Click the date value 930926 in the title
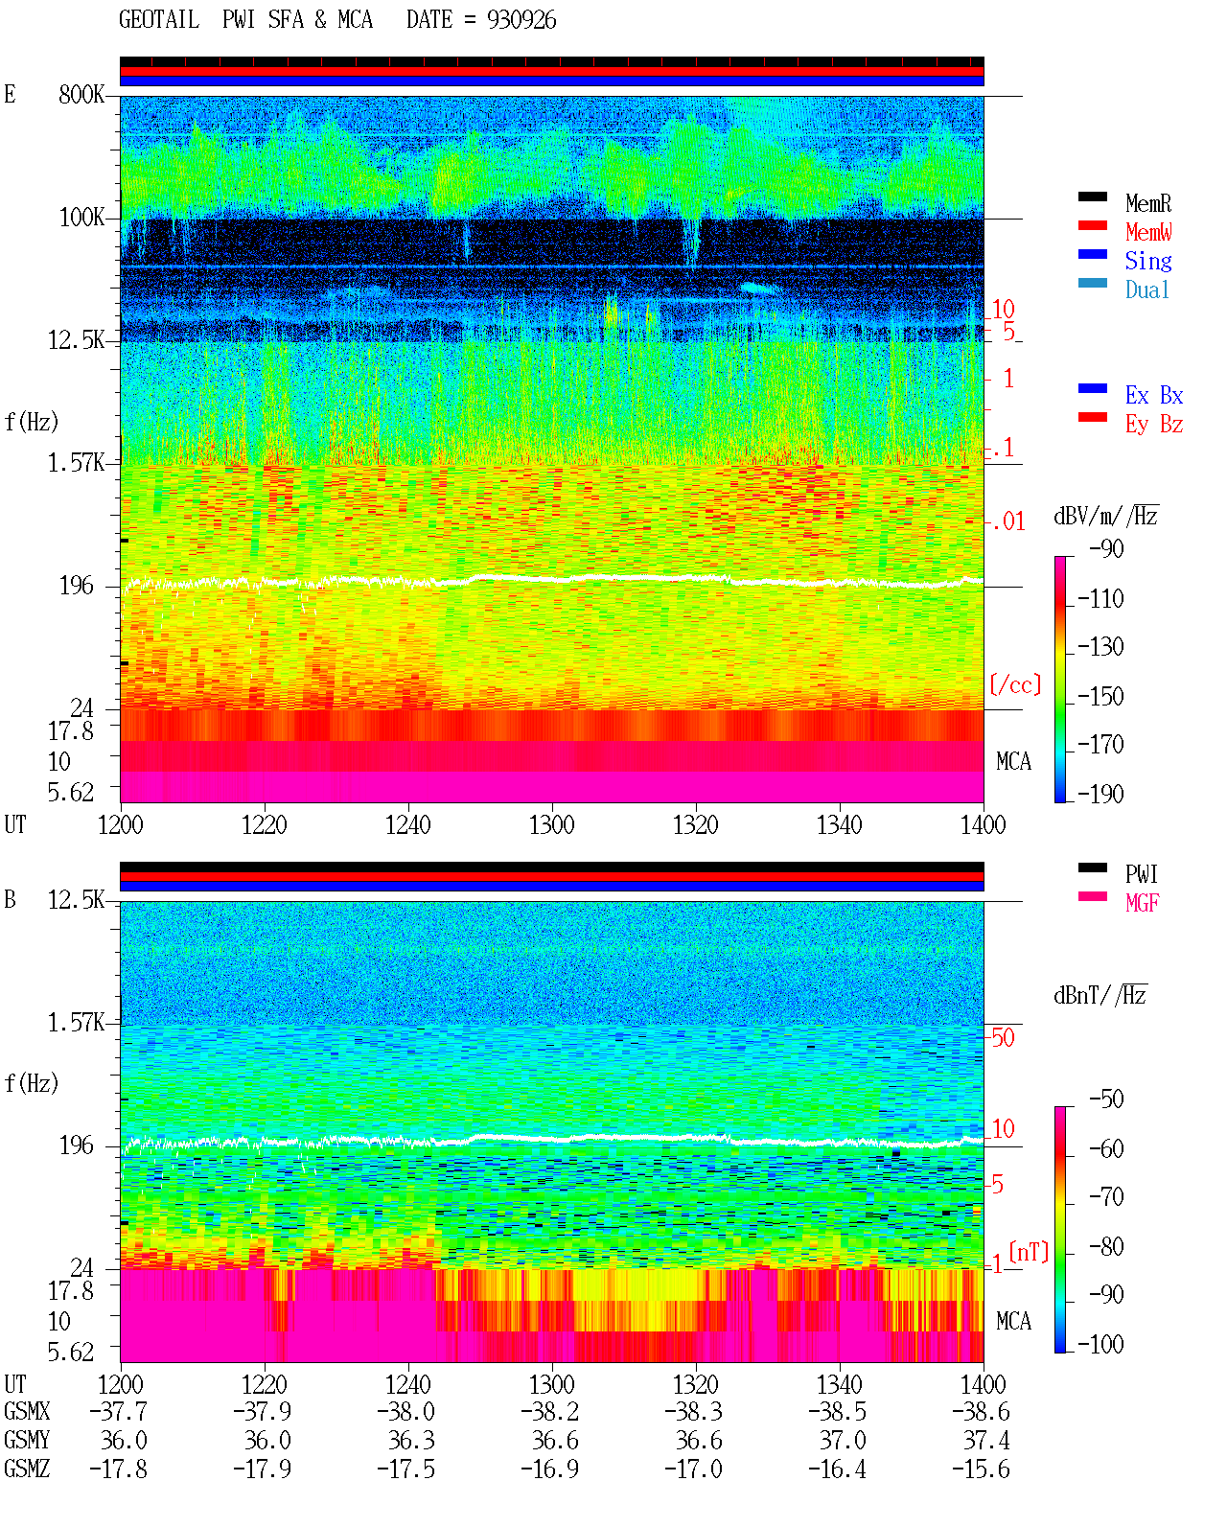click(x=521, y=20)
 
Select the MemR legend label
click(x=1147, y=203)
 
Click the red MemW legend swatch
click(x=1092, y=225)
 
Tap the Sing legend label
click(x=1147, y=261)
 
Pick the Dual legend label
click(x=1146, y=289)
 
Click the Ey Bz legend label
click(x=1153, y=425)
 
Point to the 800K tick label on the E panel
click(x=81, y=94)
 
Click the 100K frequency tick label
click(x=81, y=218)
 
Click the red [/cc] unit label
click(x=1015, y=684)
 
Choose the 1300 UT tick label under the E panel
click(x=551, y=825)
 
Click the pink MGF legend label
click(x=1142, y=903)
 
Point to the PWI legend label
click(x=1141, y=874)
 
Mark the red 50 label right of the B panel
click(x=1003, y=1038)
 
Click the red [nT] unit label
click(x=1029, y=1252)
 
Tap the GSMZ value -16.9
click(x=549, y=1469)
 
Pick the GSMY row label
click(x=27, y=1440)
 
